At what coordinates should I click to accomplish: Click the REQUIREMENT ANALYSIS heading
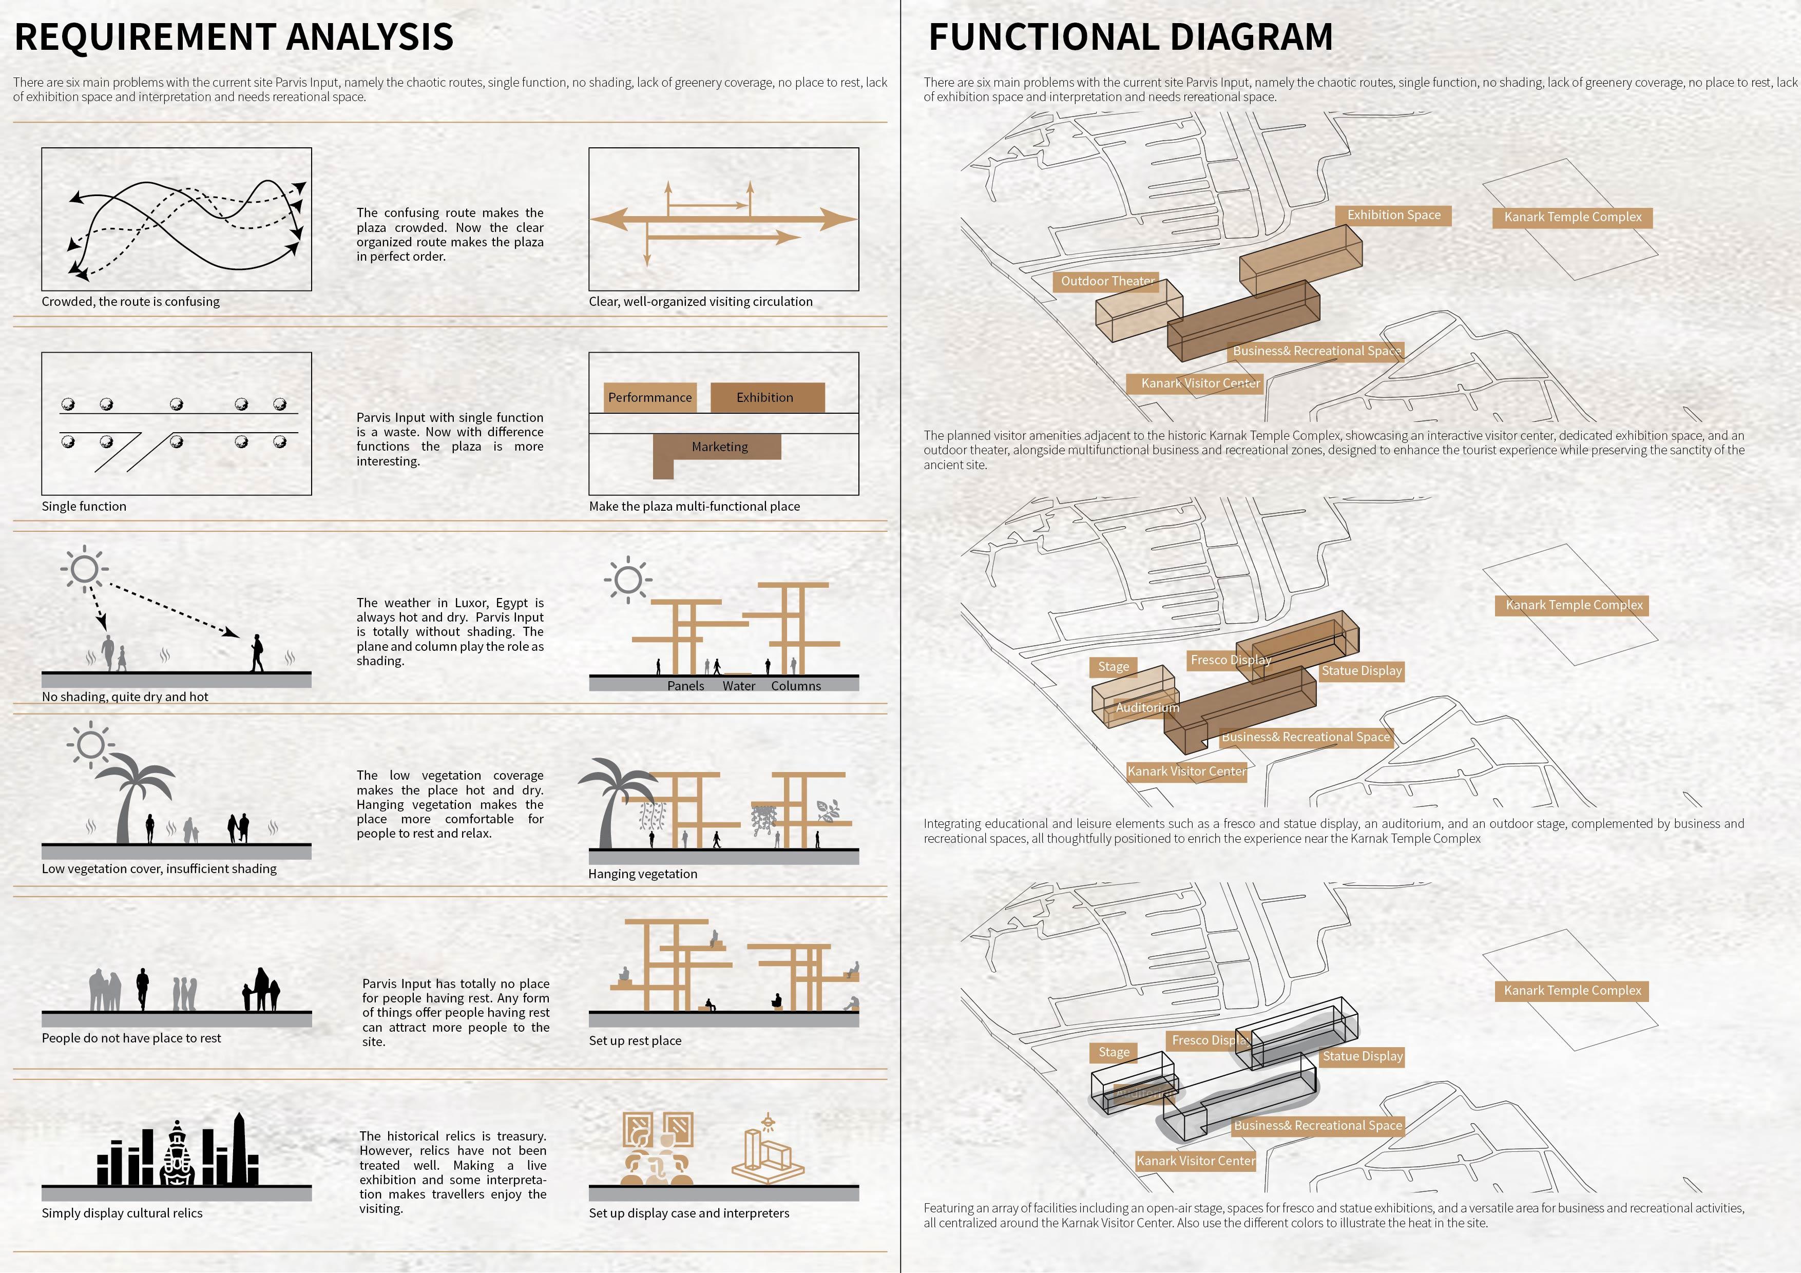pyautogui.click(x=234, y=37)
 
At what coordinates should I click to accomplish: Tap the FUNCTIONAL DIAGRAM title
pyautogui.click(x=1131, y=37)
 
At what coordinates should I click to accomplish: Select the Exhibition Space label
pyautogui.click(x=1393, y=215)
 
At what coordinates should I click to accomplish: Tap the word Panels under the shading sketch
pyautogui.click(x=685, y=686)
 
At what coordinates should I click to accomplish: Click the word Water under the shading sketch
pyautogui.click(x=739, y=686)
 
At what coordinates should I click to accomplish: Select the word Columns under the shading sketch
pyautogui.click(x=795, y=686)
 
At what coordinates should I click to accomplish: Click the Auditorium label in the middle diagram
pyautogui.click(x=1147, y=707)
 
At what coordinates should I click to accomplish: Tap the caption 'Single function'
pyautogui.click(x=84, y=507)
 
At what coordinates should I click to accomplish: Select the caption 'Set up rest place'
pyautogui.click(x=635, y=1041)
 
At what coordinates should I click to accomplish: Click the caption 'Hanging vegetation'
pyautogui.click(x=642, y=874)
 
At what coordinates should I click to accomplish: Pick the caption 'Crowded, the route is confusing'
pyautogui.click(x=130, y=302)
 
